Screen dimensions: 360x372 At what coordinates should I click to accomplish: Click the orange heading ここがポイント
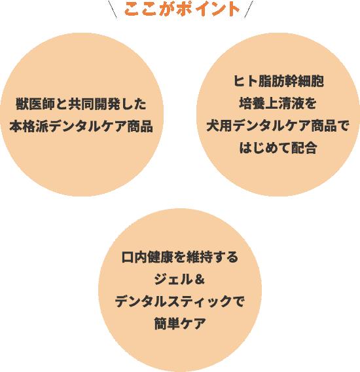pos(182,9)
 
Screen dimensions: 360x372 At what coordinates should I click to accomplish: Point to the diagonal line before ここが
pos(113,9)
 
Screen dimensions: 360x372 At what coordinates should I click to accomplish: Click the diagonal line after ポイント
pos(249,9)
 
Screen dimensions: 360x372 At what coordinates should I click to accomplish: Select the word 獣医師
pos(35,104)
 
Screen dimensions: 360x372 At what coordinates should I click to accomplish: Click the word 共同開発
pos(94,104)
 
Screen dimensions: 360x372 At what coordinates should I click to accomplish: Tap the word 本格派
pos(29,126)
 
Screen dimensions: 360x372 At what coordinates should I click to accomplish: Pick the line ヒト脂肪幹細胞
pos(278,81)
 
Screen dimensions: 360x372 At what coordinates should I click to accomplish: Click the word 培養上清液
pos(272,103)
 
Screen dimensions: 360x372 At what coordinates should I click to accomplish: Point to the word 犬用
pos(219,126)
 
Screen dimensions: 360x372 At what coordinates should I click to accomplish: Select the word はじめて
pos(265,148)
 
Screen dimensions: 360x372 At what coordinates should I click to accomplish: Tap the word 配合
pos(304,148)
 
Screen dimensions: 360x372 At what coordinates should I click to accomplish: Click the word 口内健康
pos(147,257)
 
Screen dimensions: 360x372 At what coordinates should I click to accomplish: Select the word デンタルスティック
pos(173,301)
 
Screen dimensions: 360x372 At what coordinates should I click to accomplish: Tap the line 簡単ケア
pos(180,324)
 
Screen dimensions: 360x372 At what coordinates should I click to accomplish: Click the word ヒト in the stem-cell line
pos(245,81)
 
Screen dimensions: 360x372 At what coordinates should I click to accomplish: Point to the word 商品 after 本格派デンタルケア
pos(140,126)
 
